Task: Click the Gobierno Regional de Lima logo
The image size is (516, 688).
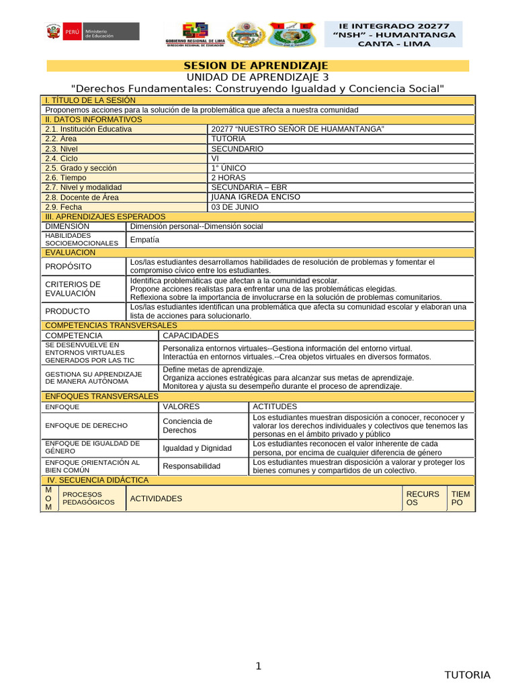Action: click(195, 34)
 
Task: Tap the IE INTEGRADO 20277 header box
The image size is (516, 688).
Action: click(393, 34)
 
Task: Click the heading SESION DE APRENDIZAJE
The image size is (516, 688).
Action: click(256, 65)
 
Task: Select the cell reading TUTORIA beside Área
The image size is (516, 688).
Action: click(228, 138)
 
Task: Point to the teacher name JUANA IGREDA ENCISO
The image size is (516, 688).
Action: click(255, 197)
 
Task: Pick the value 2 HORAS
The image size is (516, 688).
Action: click(229, 177)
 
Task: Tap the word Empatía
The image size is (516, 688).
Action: click(144, 239)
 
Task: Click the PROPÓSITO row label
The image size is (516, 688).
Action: click(68, 267)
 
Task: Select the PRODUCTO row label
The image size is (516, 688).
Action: click(67, 311)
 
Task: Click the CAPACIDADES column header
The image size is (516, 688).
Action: click(190, 335)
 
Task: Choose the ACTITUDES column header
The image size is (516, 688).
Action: click(275, 406)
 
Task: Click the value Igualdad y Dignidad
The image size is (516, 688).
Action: click(197, 448)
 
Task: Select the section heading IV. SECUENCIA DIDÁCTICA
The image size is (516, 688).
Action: click(97, 480)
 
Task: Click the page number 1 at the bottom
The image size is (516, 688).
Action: click(257, 666)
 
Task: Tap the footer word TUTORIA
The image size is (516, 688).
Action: click(468, 675)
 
